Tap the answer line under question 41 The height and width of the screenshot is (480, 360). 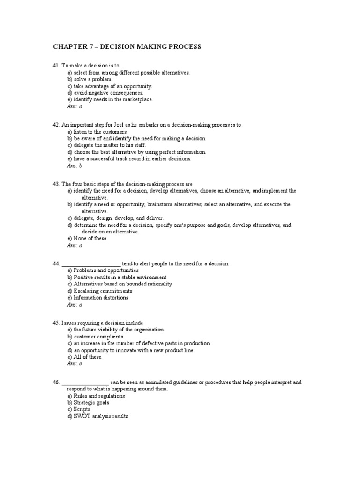(75, 106)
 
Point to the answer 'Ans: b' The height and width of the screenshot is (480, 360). (75, 165)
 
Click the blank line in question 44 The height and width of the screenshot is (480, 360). (91, 264)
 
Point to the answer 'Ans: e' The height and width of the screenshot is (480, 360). (75, 363)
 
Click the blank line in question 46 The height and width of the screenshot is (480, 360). (85, 382)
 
